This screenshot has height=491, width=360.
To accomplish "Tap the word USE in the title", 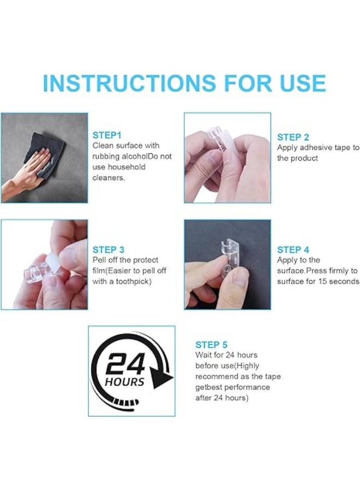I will click(x=299, y=83).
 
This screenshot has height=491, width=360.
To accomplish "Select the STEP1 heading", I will click(x=107, y=135).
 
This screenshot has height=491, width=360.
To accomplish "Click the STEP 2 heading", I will click(x=293, y=137).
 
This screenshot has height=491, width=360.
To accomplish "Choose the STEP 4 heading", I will click(x=293, y=250).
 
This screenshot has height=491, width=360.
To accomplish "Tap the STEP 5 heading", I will click(x=212, y=345).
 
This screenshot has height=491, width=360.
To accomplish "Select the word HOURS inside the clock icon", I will click(x=125, y=381).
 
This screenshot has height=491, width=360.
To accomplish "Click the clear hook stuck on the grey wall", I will click(x=226, y=253).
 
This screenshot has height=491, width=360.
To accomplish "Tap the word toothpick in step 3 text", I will click(x=131, y=282).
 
